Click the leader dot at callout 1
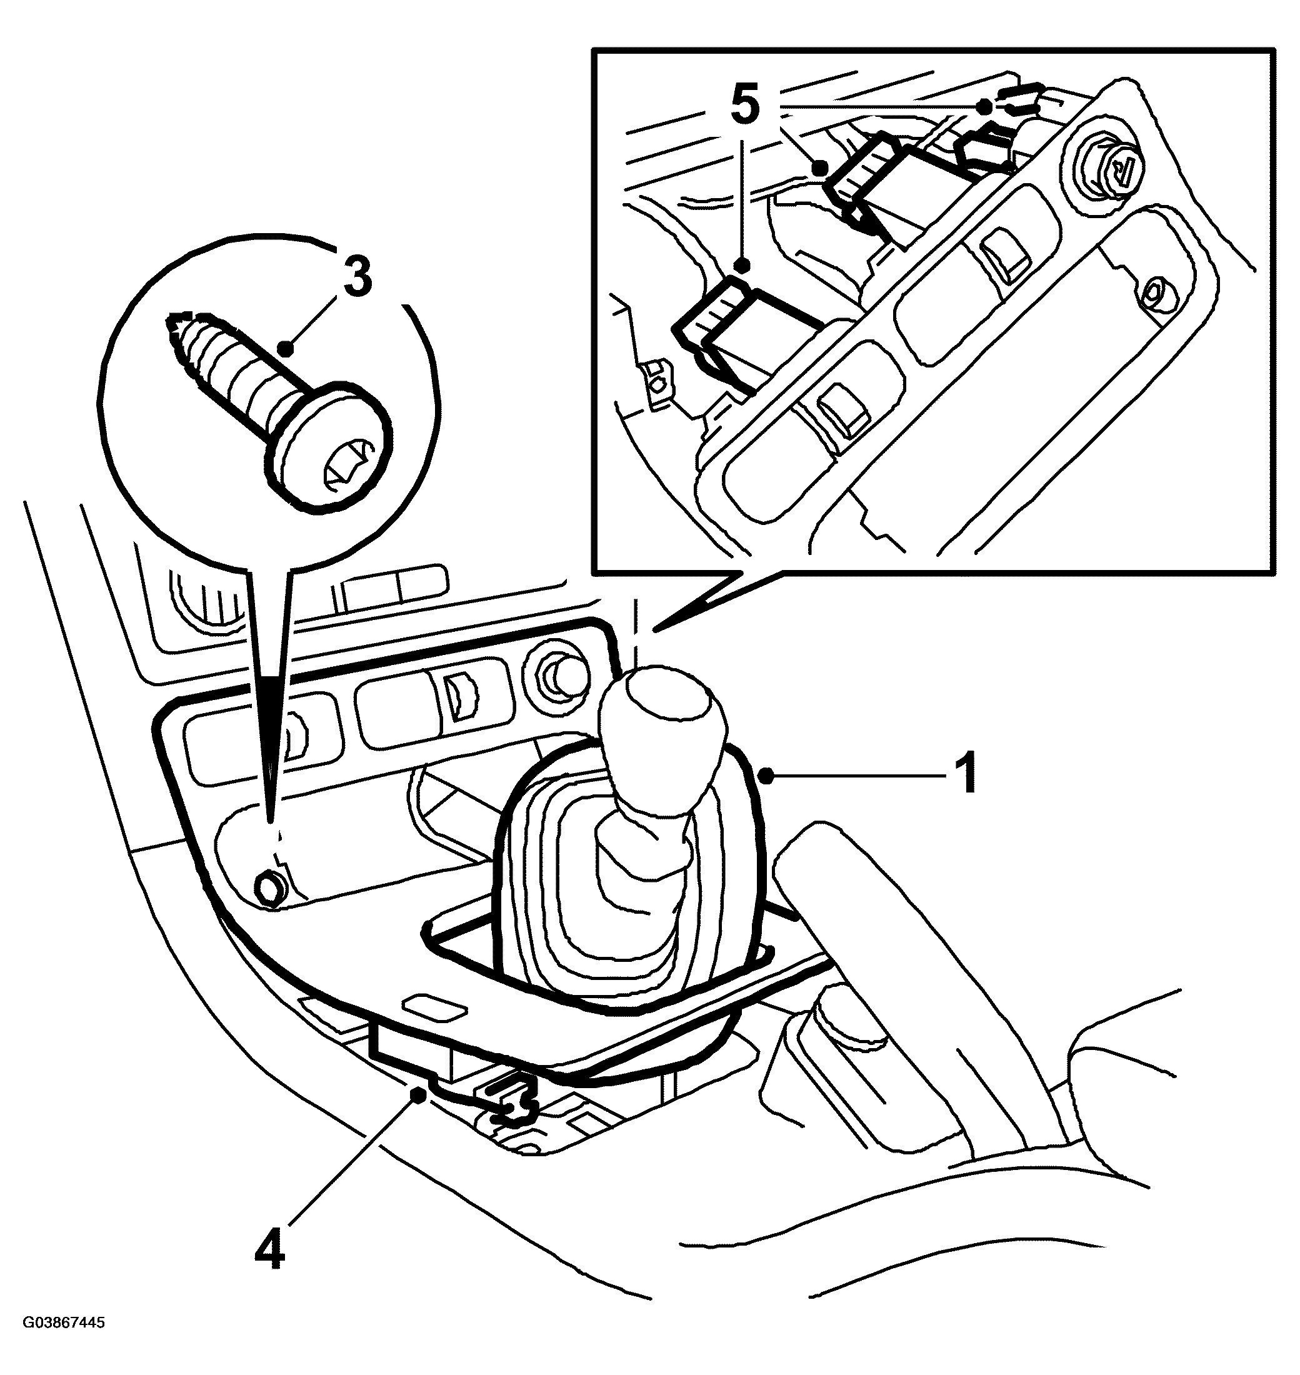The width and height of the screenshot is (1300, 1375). coord(766,776)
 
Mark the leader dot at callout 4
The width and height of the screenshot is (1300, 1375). coord(417,1094)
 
